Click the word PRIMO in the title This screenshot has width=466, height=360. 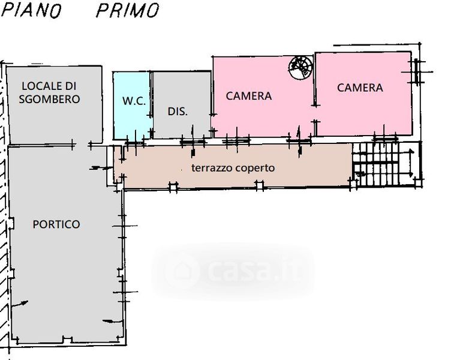[128, 10]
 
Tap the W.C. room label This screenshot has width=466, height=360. [134, 101]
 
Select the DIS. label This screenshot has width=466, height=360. [178, 112]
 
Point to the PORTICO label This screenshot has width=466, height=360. [56, 224]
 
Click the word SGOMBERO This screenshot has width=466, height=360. [49, 99]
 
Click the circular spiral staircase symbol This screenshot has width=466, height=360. [300, 68]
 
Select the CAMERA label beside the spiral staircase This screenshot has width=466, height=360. [249, 96]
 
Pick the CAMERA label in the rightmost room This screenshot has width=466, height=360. [360, 88]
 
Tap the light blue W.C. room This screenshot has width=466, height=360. [132, 106]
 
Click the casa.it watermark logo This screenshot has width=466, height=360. [233, 271]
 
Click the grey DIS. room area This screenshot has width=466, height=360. [182, 104]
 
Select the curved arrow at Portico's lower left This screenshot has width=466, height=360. [20, 304]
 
